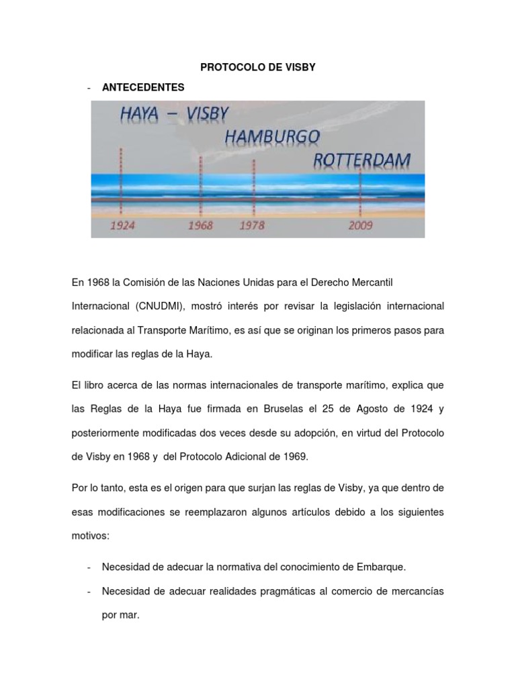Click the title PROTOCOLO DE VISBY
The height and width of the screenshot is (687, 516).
coord(258,68)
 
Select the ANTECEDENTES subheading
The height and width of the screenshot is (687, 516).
coord(142,87)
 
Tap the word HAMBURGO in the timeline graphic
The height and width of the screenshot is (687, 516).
coord(272,138)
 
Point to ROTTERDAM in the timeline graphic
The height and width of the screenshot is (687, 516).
coord(362,160)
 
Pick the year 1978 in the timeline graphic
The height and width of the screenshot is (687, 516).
coord(253,225)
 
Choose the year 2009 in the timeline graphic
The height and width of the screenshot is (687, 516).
coord(361,225)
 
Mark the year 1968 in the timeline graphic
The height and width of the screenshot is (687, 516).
coord(200,225)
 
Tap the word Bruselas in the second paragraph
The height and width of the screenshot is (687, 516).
coord(286,408)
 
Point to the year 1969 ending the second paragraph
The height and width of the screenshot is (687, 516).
coord(294,457)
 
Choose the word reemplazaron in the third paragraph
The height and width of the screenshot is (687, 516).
coord(222,513)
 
